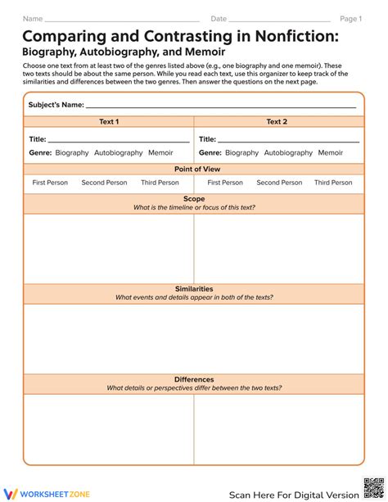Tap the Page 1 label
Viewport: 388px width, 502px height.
[350, 18]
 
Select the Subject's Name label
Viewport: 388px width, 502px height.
[56, 105]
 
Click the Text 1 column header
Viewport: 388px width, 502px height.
[109, 121]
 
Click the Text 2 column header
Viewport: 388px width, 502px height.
[277, 121]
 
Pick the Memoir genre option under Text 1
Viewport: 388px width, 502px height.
[160, 152]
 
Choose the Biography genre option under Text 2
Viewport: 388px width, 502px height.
[241, 152]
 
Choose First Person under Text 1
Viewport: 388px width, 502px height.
[50, 183]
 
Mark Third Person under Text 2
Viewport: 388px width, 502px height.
[333, 183]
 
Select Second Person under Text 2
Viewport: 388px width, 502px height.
[279, 183]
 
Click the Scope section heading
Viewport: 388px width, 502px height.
[194, 199]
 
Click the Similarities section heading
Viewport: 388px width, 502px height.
[194, 289]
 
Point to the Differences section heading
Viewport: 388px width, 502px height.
[194, 379]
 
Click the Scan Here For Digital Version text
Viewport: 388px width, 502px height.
[293, 495]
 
